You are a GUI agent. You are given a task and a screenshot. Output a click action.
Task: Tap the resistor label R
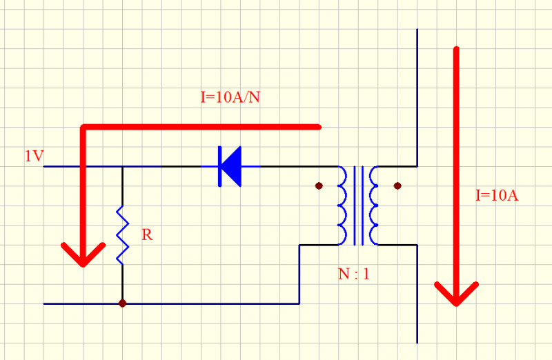pos(147,235)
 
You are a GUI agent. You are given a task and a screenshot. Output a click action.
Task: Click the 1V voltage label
pos(34,157)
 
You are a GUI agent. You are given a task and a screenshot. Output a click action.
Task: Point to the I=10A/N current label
pos(230,97)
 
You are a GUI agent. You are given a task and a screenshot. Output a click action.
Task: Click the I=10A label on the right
pos(497,195)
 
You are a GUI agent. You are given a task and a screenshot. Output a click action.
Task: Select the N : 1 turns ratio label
pos(354,273)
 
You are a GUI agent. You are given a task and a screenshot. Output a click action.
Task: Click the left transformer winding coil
pos(342,206)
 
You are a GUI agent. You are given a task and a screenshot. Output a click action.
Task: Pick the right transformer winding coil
pos(374,206)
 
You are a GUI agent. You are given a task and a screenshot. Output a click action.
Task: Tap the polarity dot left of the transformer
pos(319,186)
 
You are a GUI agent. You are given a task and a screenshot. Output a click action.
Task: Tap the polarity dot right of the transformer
pos(397,186)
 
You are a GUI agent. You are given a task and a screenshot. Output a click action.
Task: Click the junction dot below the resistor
pos(122,303)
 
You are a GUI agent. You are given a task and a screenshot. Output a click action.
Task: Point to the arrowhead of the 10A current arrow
pos(456,293)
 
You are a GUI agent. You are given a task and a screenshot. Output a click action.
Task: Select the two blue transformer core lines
pos(358,206)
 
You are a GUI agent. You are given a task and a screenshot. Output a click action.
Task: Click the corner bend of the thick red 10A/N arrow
pos(83,128)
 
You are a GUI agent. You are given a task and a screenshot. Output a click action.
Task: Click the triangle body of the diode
pos(233,166)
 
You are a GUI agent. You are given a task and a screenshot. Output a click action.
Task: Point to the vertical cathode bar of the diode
pos(220,166)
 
